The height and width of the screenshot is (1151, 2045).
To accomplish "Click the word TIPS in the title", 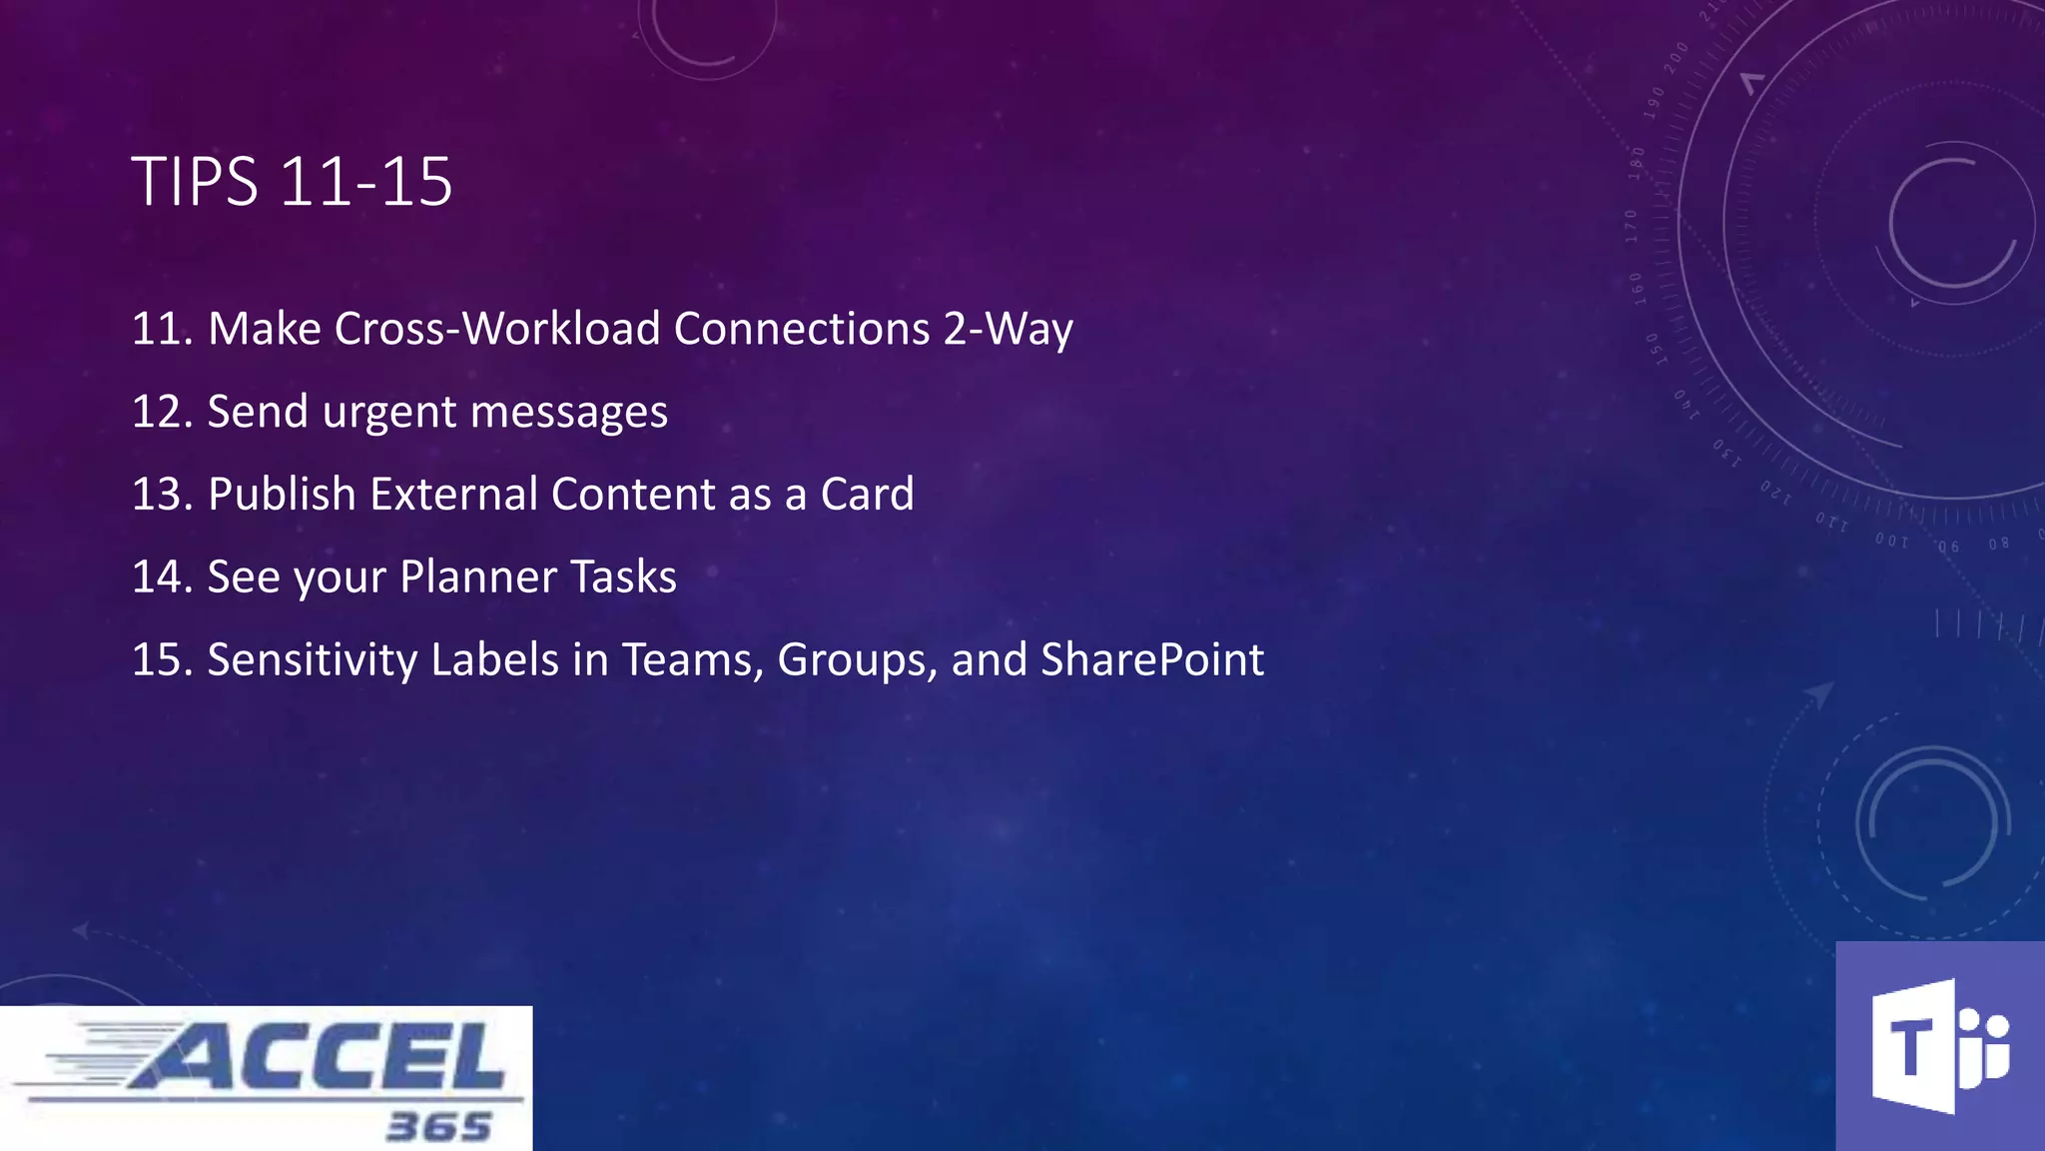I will tap(195, 183).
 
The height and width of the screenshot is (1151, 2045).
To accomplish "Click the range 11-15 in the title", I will tap(365, 183).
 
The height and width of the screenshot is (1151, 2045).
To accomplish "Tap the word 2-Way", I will tap(1008, 329).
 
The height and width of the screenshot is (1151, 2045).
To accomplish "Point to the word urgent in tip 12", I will tap(389, 413).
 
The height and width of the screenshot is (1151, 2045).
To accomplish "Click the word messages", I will tap(569, 413).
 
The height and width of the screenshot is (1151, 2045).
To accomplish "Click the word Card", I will tap(867, 495).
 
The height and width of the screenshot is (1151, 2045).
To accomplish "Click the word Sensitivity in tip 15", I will tap(313, 660).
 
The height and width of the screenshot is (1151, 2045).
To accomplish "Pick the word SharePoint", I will tap(1152, 660).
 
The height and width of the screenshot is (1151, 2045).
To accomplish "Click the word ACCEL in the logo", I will tap(320, 1057).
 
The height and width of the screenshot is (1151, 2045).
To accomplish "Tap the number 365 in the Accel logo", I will tap(439, 1127).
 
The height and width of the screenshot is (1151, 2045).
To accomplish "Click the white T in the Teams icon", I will tap(1910, 1048).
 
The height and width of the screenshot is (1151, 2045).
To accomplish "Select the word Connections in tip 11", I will tap(802, 329).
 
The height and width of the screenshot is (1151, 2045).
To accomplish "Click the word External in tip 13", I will tap(454, 495).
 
